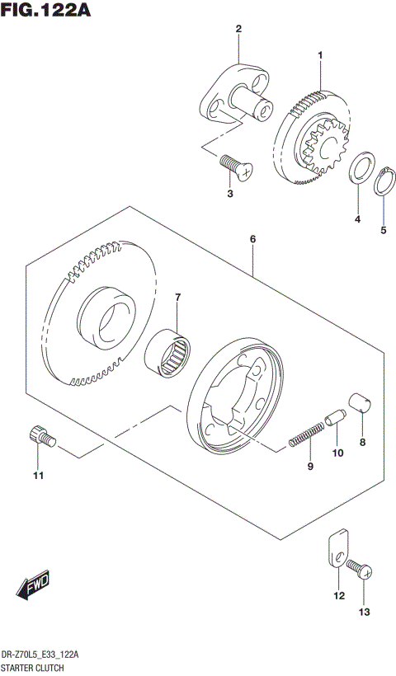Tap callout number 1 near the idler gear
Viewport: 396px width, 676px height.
(321, 55)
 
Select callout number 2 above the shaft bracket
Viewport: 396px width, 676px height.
(238, 30)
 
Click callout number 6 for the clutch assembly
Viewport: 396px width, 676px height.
(253, 239)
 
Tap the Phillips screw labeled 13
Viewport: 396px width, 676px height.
(360, 568)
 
